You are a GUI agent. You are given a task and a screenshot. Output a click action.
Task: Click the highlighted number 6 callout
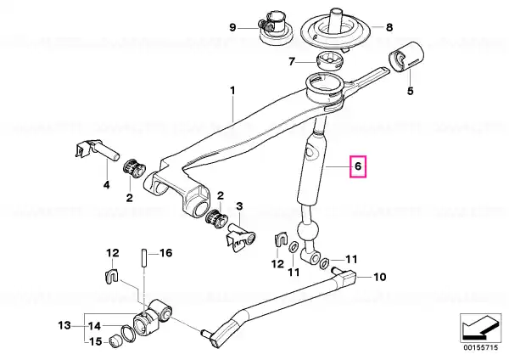tap(358, 166)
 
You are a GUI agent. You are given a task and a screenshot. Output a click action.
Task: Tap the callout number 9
tap(232, 28)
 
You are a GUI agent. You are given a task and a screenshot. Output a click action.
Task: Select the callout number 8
tap(389, 27)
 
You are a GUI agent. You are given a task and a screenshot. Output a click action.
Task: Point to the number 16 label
tap(166, 253)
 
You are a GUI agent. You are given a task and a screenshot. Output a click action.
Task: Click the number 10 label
tap(379, 277)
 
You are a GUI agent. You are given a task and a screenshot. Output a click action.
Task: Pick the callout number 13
tap(64, 325)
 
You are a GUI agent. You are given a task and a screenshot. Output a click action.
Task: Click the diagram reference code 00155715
tap(480, 347)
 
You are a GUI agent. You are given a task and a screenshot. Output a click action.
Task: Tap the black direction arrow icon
tap(480, 327)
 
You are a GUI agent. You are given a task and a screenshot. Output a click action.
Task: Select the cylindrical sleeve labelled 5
tap(406, 56)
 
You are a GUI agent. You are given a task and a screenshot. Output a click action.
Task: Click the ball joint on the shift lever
tap(306, 230)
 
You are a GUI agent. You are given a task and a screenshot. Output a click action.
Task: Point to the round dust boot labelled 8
tap(336, 31)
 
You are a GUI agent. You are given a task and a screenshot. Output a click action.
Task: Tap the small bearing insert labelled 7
tap(329, 60)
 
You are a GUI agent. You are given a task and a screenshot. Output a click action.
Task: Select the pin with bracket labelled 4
tap(97, 150)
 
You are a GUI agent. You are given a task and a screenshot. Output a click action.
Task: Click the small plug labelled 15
tap(116, 340)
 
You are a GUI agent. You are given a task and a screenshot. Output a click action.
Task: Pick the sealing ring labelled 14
tap(129, 334)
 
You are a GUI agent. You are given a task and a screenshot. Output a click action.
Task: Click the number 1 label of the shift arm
tap(232, 91)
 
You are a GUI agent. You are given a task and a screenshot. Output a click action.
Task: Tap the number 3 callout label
tap(239, 206)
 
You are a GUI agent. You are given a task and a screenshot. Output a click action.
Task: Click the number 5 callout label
tap(411, 91)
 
